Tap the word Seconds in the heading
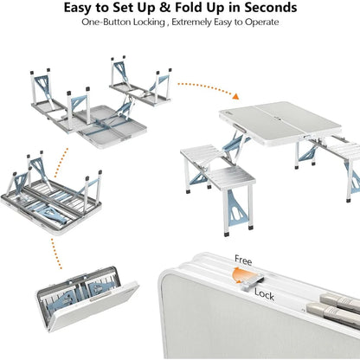(x=264, y=9)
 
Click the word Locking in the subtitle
(x=158, y=26)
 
